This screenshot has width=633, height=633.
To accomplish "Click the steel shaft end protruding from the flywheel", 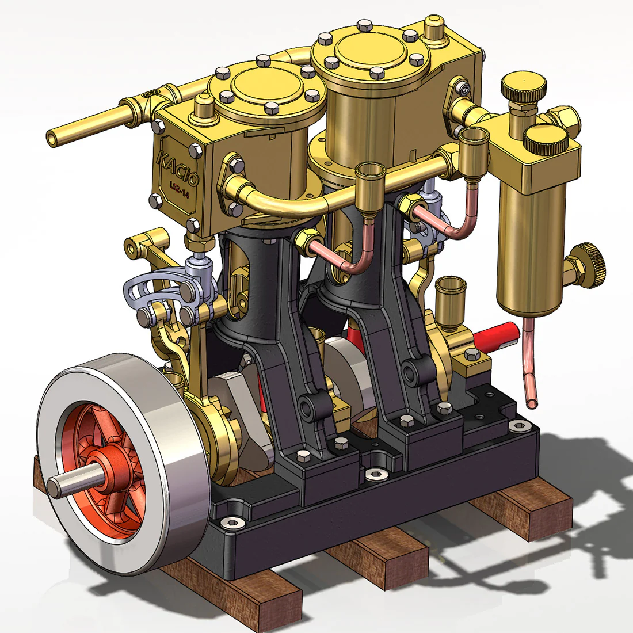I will [58, 486].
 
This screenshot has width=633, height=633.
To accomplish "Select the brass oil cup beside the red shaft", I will [450, 299].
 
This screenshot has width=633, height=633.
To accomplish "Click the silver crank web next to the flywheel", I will [242, 403].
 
